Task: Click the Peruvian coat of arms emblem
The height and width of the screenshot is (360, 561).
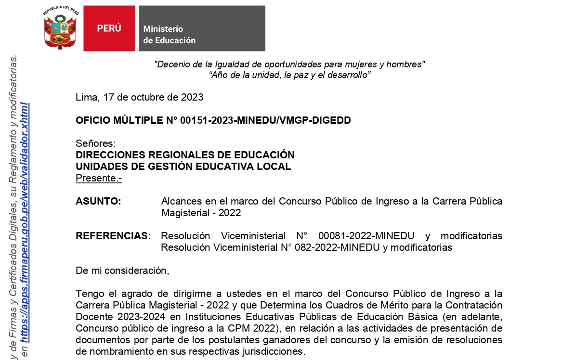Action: [x=61, y=28]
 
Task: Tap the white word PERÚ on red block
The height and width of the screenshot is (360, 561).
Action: [x=109, y=28]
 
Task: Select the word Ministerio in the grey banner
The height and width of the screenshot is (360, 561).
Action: [x=163, y=29]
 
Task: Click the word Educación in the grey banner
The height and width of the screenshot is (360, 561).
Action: [x=176, y=40]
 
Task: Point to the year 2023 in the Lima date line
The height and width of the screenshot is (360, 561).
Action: [x=192, y=97]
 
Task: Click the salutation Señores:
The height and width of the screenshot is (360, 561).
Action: [x=96, y=143]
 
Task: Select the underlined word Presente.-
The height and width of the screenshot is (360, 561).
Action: [x=99, y=179]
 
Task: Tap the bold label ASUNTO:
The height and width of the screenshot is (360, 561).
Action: [x=98, y=201]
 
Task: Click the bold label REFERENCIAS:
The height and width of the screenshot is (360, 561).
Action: [x=113, y=236]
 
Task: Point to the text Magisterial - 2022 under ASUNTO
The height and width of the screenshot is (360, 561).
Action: [x=201, y=213]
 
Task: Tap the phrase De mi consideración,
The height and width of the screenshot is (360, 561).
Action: [x=122, y=270]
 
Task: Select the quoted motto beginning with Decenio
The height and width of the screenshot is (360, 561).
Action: [x=289, y=64]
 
